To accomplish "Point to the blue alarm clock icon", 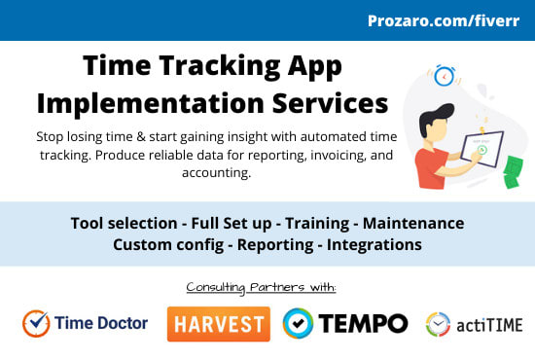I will click(446, 75).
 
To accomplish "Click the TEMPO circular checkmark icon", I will click(298, 323).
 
